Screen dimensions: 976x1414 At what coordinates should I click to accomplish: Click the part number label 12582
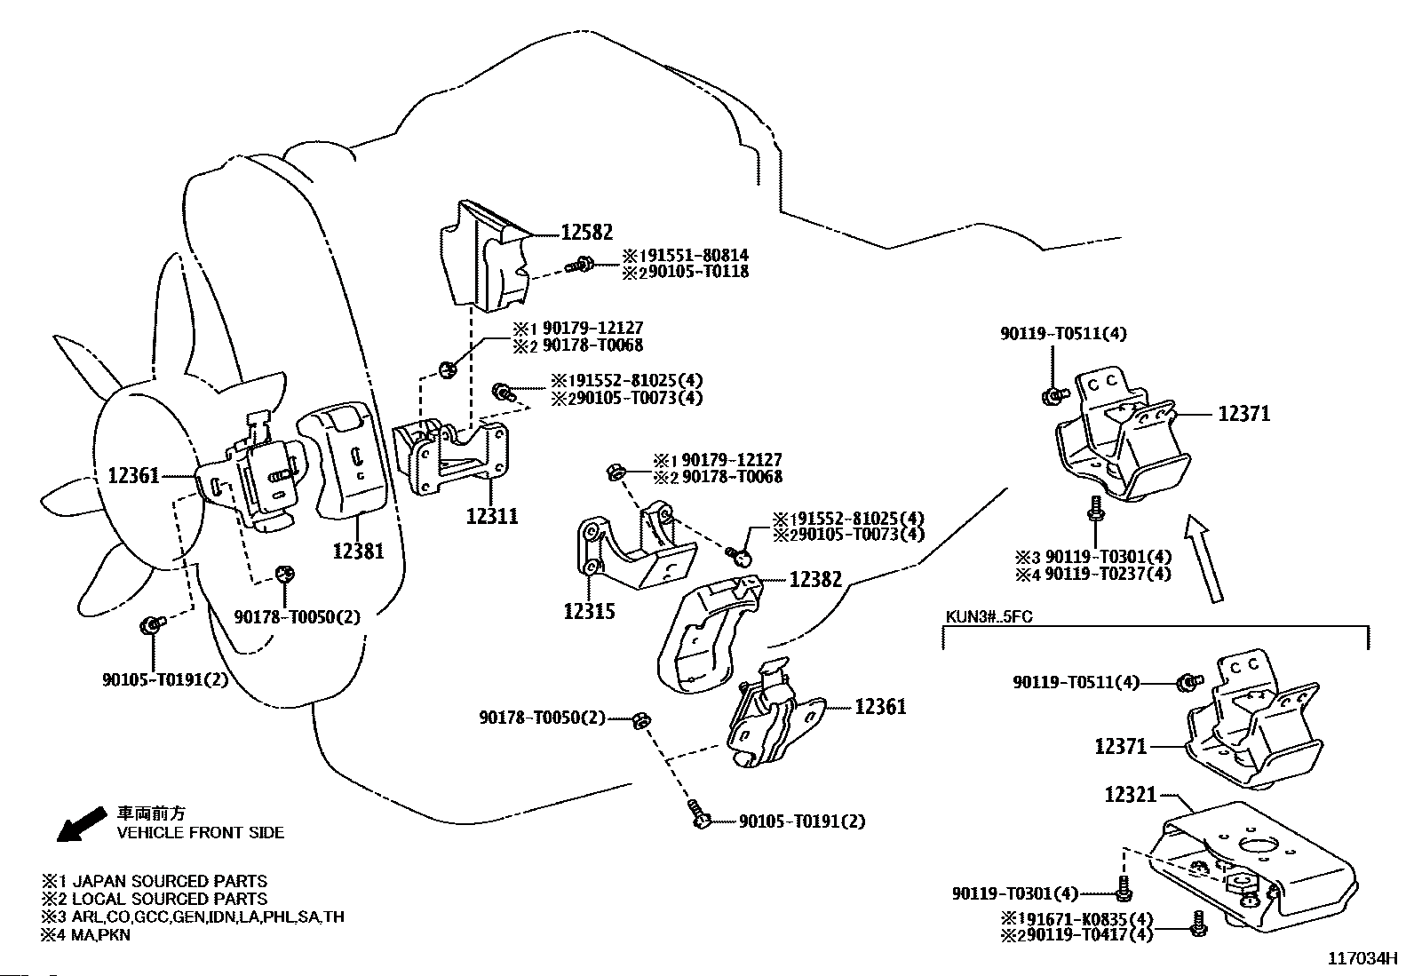[586, 234]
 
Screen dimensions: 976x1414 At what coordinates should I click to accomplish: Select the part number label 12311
[492, 515]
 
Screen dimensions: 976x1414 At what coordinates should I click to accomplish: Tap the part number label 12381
[358, 551]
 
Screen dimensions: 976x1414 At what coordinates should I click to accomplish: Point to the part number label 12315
[589, 611]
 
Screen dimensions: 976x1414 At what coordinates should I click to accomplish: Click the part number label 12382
[815, 579]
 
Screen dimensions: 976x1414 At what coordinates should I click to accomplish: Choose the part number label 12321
[1132, 795]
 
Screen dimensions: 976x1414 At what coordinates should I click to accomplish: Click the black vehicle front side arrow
[80, 823]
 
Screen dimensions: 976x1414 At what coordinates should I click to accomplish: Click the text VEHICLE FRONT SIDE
[201, 832]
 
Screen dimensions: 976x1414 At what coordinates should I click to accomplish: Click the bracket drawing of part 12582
[487, 258]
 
